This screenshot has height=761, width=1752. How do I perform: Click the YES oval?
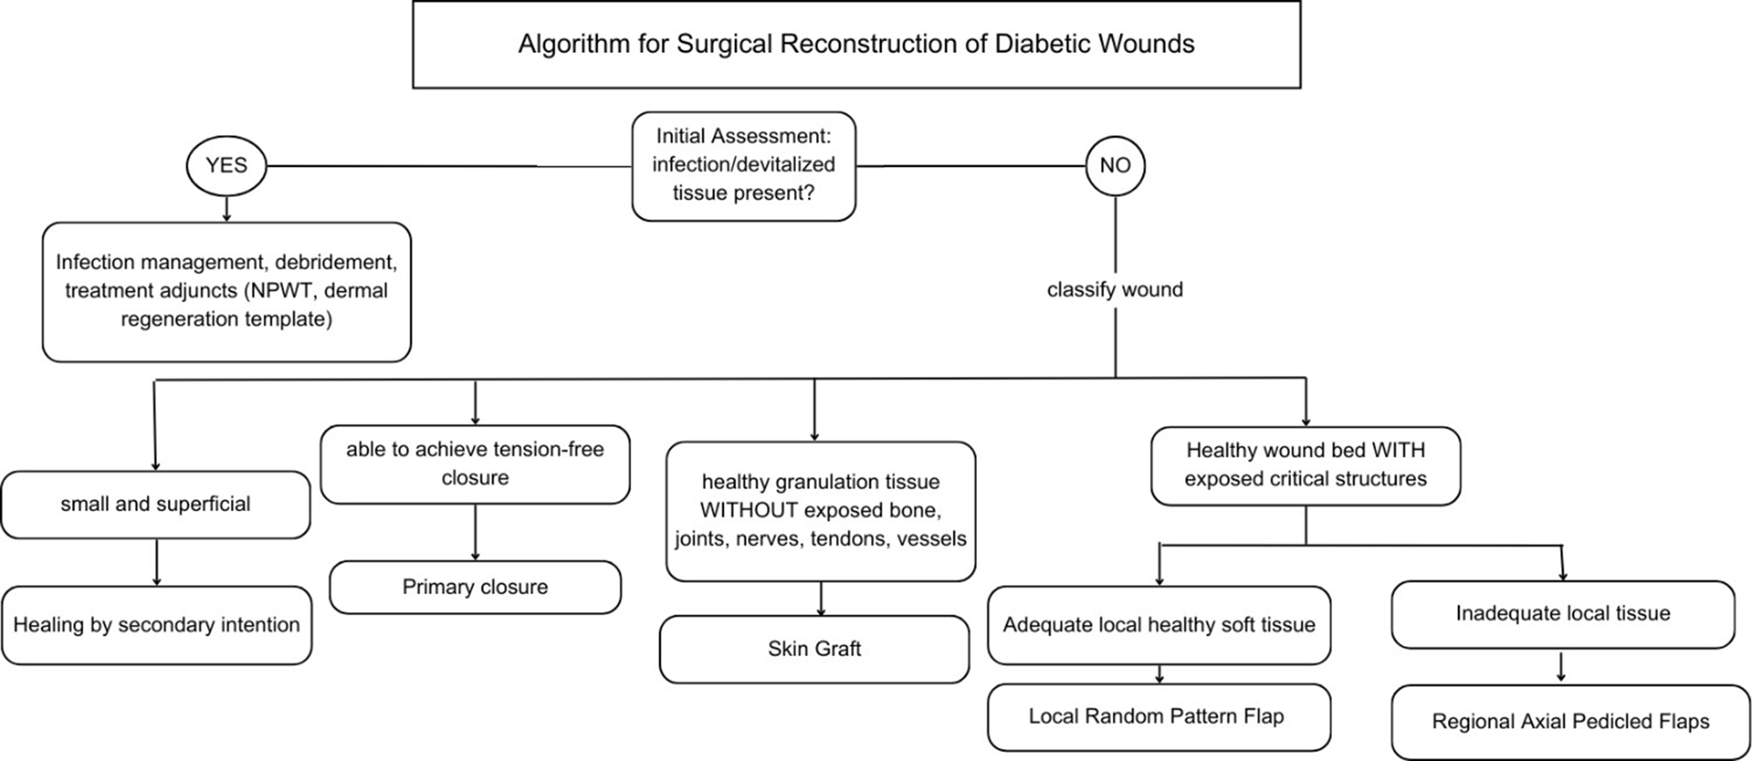(226, 165)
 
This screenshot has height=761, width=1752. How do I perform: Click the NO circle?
(1115, 165)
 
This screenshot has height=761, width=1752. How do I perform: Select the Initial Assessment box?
(743, 165)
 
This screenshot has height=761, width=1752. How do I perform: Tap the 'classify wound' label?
(1115, 289)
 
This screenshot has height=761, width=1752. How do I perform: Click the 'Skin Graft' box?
(814, 649)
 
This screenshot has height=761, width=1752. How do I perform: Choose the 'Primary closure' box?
(475, 587)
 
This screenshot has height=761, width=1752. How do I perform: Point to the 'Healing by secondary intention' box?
(156, 625)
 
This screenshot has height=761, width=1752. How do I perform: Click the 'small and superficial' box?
(155, 504)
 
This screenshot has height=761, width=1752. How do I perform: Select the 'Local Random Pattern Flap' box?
(1158, 717)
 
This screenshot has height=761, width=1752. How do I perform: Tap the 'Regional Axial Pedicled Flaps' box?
(1570, 722)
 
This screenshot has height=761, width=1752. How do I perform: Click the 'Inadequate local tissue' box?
(1562, 613)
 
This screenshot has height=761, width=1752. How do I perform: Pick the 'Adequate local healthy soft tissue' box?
(1158, 625)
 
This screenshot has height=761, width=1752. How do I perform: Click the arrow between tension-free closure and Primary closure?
(475, 532)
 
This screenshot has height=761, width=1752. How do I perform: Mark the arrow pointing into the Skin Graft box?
(821, 599)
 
